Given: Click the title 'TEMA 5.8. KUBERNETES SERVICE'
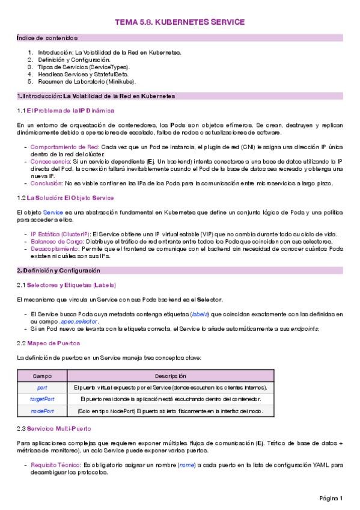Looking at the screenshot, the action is point(180,22).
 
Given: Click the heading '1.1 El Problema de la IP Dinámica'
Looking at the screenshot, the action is point(66,111).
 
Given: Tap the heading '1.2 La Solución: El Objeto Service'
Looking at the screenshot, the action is point(66,198).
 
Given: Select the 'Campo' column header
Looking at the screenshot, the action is point(42,375).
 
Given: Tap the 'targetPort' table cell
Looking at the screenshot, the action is point(42,399).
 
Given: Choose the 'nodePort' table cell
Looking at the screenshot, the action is point(42,411).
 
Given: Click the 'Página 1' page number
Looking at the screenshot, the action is point(331,498).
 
